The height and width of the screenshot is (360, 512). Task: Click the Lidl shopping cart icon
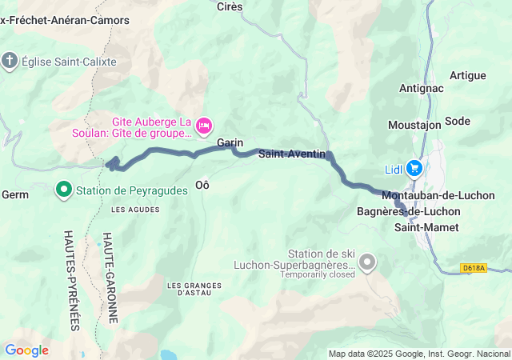click(414, 168)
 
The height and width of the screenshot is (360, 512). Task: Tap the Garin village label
click(230, 142)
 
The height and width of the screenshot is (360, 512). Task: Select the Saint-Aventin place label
click(290, 154)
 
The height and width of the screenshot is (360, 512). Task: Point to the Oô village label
click(202, 184)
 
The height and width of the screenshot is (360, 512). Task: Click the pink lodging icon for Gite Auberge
click(204, 125)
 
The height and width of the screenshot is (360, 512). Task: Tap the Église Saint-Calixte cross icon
click(10, 62)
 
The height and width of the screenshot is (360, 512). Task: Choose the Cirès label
click(230, 6)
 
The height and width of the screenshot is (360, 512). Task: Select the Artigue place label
click(468, 75)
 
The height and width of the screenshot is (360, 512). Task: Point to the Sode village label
click(458, 121)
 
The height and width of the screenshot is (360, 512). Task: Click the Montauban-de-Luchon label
click(438, 195)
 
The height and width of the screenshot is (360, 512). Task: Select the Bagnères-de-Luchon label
click(408, 211)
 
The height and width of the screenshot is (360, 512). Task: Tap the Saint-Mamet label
click(426, 227)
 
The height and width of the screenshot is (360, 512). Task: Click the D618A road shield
click(474, 270)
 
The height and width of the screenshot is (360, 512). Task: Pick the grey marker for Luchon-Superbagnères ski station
click(367, 262)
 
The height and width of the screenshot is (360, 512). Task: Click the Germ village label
click(16, 194)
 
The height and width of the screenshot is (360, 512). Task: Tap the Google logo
click(26, 350)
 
